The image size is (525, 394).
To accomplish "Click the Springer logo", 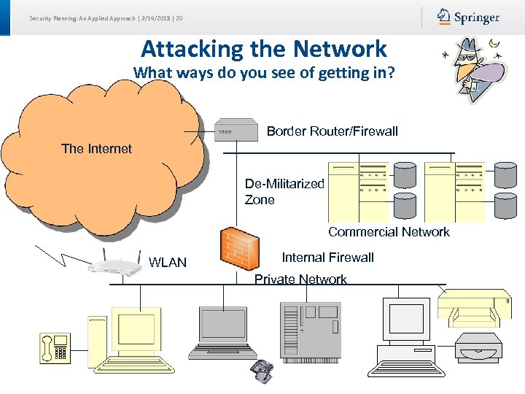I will [468, 17].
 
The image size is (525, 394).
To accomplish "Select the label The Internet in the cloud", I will [96, 149].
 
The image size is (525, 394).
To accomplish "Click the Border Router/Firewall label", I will [332, 131].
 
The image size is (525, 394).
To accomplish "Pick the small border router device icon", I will [237, 131].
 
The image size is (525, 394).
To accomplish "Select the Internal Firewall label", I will [327, 258].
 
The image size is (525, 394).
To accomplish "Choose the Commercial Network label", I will [389, 232].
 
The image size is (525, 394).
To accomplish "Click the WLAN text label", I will [168, 263].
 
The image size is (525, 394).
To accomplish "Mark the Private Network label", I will [300, 279].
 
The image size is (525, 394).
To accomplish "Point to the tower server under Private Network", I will [310, 333].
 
